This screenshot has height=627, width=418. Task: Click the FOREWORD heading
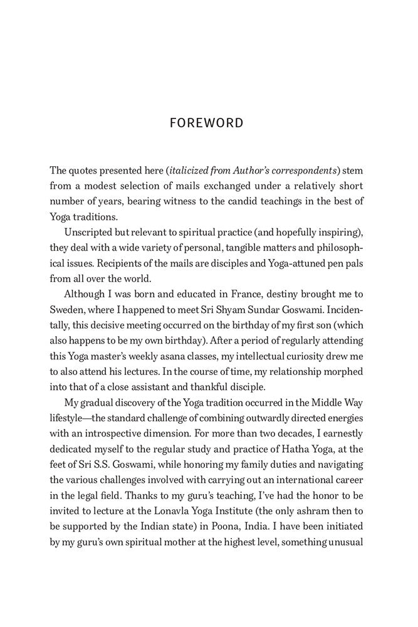206,124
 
